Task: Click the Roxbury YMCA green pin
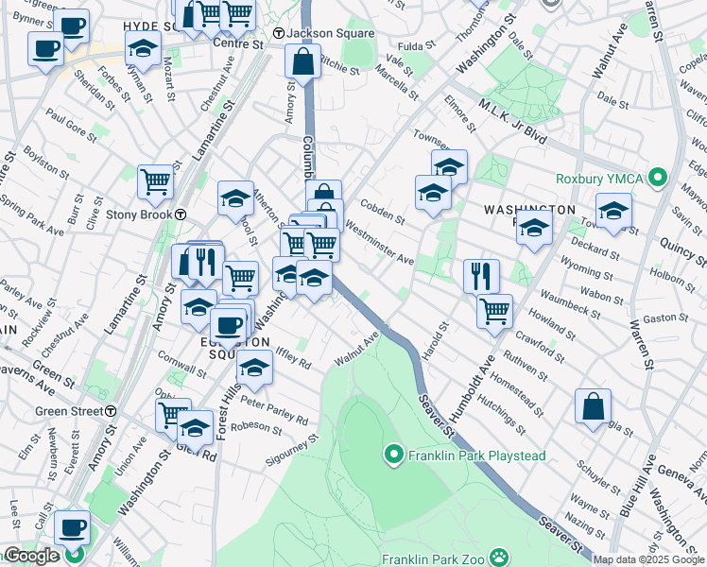pos(661,176)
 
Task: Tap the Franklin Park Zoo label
pos(445,558)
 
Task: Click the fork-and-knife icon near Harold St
pos(481,275)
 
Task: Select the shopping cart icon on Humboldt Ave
pos(494,310)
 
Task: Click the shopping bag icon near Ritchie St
pos(302,62)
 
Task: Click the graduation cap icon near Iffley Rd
pos(254,368)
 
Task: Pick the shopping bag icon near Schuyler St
pos(592,406)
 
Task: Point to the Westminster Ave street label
pos(379,243)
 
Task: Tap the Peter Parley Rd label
pos(274,411)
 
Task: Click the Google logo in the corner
pos(32,557)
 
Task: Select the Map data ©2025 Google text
pos(648,559)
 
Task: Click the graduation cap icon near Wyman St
pos(142,46)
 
